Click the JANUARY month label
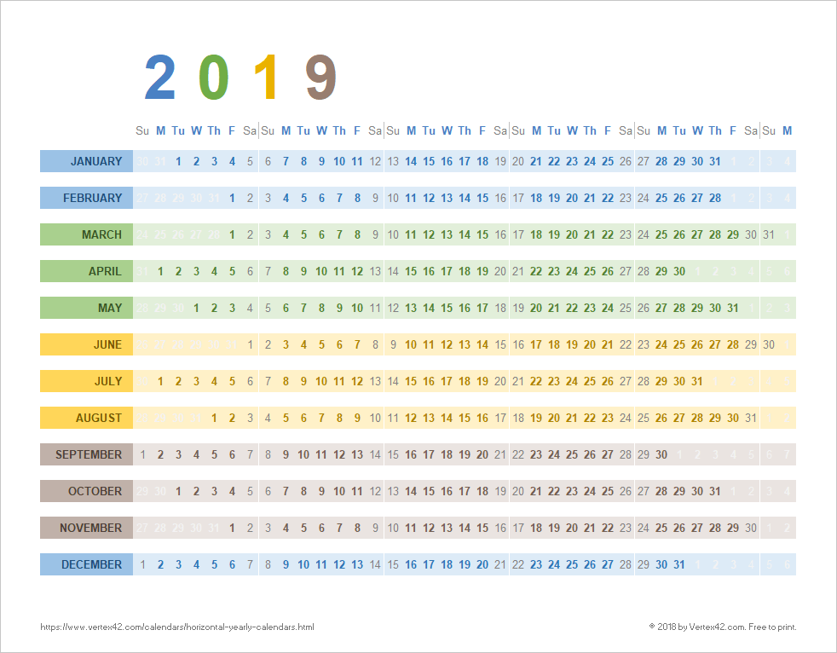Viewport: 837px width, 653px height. (95, 161)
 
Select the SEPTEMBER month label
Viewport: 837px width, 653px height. (89, 454)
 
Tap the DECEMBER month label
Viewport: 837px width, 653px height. (91, 564)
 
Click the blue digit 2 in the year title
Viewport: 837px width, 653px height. (160, 78)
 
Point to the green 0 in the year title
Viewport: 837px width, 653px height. (214, 78)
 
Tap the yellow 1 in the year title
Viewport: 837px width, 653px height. (268, 78)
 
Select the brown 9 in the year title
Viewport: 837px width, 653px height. (321, 78)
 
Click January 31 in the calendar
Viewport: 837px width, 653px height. (715, 161)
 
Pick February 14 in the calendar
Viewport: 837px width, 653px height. (465, 198)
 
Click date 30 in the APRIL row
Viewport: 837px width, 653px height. (679, 271)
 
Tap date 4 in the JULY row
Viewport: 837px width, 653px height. (214, 381)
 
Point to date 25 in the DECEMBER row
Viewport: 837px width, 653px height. (572, 564)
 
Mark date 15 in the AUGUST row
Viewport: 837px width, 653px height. (465, 418)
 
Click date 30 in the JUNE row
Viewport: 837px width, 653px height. (769, 344)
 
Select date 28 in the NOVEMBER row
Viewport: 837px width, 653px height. (715, 528)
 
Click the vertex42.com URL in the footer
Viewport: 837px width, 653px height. (177, 627)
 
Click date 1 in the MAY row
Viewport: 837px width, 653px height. (196, 308)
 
